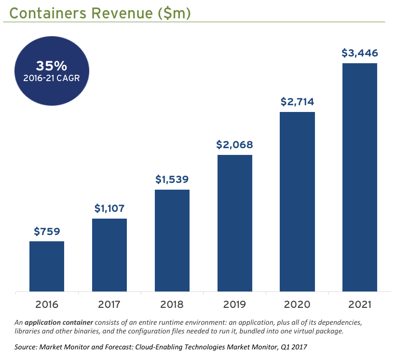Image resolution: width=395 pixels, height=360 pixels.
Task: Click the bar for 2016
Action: coord(47,266)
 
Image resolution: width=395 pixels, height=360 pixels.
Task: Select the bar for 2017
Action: coord(109,255)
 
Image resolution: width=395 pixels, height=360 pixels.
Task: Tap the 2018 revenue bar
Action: coord(172,241)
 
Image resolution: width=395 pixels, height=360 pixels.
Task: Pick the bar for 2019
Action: coord(235,223)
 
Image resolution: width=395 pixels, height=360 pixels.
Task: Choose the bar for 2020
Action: coord(298,202)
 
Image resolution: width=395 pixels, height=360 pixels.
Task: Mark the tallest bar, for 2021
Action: coord(360,178)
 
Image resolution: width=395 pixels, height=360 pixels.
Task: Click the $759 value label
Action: coord(47,232)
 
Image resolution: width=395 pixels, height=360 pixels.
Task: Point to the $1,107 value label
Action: coord(109,208)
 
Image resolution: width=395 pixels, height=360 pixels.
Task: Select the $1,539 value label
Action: coord(172,180)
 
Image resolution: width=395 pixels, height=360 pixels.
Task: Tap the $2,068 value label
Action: coord(235,145)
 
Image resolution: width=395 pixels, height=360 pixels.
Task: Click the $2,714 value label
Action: coord(298,102)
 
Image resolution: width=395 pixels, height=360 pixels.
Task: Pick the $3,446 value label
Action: coord(360,53)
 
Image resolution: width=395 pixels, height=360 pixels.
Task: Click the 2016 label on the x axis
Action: coord(47,305)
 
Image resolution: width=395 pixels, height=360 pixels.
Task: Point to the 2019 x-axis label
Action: coord(235,305)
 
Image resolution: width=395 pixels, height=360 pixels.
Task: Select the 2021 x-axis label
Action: coord(360,305)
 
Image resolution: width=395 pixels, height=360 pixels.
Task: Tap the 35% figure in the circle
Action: coord(52,66)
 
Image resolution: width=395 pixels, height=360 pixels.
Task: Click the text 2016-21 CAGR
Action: coord(52,78)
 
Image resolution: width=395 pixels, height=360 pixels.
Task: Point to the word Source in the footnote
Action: coord(26,347)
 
